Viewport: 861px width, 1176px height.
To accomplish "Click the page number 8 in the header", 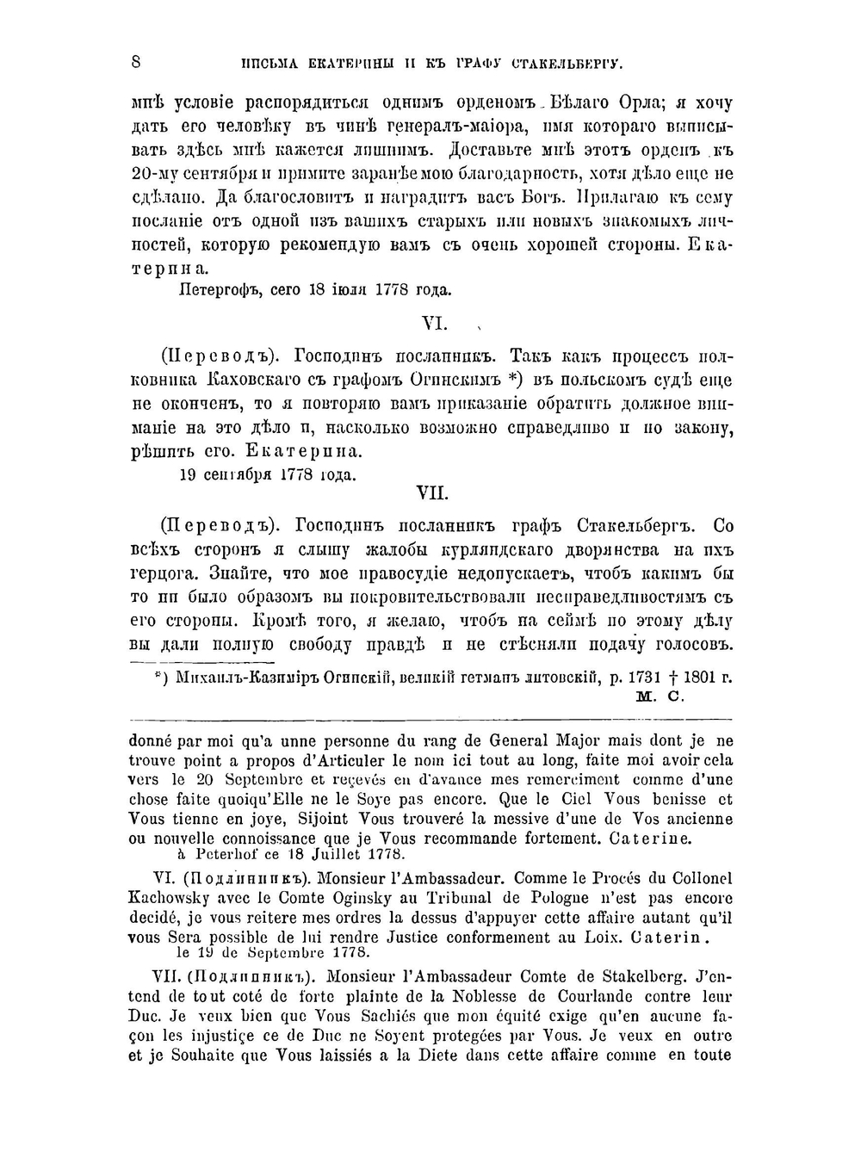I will coord(136,62).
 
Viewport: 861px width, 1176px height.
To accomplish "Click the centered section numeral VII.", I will coord(432,493).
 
